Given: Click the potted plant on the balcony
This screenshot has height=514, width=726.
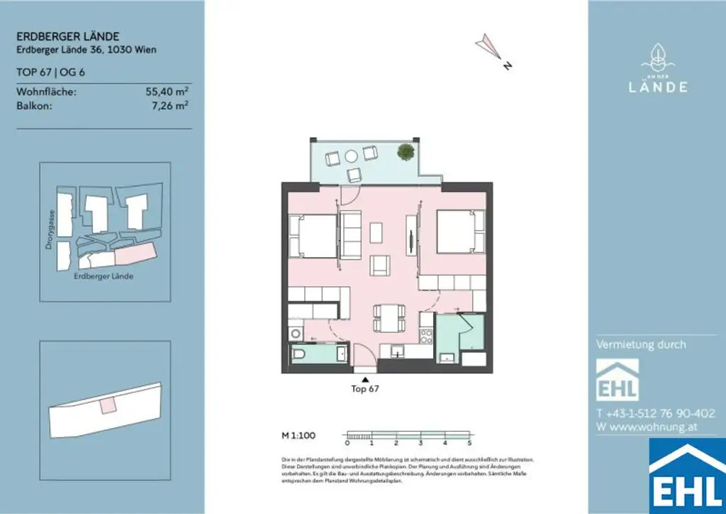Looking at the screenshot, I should [405, 151].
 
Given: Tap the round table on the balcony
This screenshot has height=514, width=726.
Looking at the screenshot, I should [352, 156].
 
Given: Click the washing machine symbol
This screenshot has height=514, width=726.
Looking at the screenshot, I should [294, 332].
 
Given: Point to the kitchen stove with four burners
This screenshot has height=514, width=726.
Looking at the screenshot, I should [425, 335].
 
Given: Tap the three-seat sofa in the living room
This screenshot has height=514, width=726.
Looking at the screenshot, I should [350, 236].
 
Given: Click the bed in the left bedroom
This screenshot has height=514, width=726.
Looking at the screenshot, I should [312, 236].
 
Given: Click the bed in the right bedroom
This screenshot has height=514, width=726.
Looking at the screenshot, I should [459, 232].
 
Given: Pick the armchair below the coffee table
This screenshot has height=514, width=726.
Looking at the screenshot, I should [381, 265].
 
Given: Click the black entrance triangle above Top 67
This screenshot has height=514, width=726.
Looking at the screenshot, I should [365, 379].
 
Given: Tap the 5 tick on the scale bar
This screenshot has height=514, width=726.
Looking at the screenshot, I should [469, 442].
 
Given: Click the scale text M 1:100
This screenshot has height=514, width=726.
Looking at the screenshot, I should [298, 434].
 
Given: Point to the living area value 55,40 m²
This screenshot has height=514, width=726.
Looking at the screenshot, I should [167, 92].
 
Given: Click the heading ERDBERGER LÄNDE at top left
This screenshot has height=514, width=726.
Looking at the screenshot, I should [67, 37].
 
